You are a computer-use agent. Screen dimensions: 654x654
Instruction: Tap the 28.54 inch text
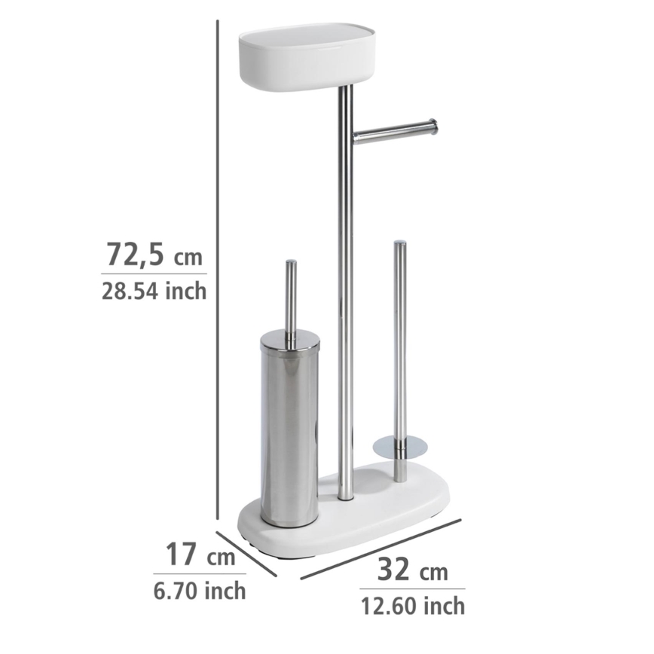(x=153, y=290)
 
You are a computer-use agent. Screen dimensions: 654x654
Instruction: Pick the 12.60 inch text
(x=411, y=604)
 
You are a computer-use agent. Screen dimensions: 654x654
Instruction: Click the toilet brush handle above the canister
(x=290, y=298)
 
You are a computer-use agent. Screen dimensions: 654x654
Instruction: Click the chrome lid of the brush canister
(x=290, y=341)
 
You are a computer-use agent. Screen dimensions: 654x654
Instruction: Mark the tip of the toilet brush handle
(x=290, y=264)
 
